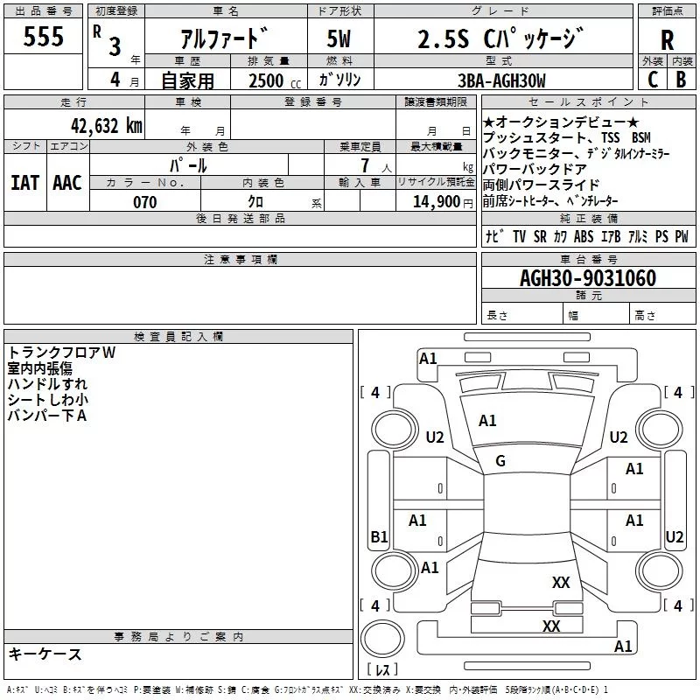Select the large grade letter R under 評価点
667,40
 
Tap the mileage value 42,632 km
106,125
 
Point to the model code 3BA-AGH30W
501,80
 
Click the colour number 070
144,202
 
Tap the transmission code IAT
24,183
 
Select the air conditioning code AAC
66,183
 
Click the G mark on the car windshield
500,461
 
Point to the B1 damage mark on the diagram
379,537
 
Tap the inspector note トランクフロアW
62,353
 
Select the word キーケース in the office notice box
45,654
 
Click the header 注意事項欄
240,260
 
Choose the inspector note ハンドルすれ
47,384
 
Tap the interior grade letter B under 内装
681,80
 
